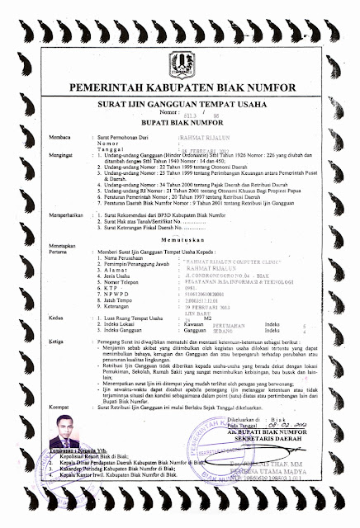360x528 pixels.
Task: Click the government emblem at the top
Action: coord(179,60)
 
